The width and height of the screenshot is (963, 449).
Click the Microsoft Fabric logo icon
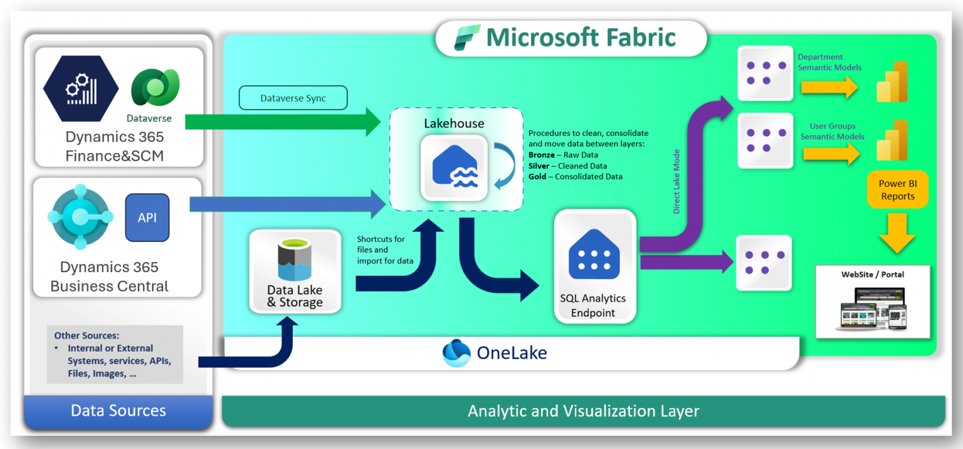(468, 38)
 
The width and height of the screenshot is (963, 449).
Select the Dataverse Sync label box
(293, 98)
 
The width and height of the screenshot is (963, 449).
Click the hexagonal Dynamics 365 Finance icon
(81, 88)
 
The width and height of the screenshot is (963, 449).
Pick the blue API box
(147, 218)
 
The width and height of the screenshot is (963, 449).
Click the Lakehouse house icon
(454, 167)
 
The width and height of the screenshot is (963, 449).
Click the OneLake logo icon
(456, 352)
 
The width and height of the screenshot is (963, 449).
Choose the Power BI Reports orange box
(897, 190)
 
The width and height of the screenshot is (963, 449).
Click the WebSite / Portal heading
(873, 274)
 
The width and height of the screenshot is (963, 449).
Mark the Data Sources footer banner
(118, 411)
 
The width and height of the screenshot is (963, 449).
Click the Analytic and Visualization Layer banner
(583, 411)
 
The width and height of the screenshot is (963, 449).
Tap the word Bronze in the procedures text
(542, 155)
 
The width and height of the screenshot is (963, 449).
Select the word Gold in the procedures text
(538, 177)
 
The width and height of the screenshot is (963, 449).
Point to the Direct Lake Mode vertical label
(676, 182)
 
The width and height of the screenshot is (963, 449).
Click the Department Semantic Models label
(829, 62)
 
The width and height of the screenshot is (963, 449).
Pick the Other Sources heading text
(86, 335)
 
